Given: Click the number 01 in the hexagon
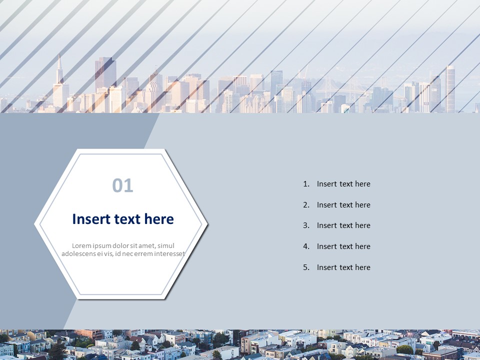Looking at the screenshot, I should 123,185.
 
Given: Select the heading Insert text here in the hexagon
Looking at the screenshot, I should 123,219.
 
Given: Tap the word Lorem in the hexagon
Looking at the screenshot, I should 82,245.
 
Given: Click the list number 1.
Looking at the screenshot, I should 306,184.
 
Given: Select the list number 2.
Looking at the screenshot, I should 306,205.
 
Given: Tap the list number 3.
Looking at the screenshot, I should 306,225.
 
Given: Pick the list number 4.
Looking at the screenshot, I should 306,246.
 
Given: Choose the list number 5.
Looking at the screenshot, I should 306,267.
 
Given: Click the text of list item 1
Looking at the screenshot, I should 343,184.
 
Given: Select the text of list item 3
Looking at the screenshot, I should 343,225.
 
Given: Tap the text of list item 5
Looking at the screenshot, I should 343,267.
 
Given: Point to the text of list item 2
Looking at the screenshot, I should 343,205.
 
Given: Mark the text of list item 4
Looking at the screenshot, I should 343,246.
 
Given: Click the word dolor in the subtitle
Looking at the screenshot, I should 117,245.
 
